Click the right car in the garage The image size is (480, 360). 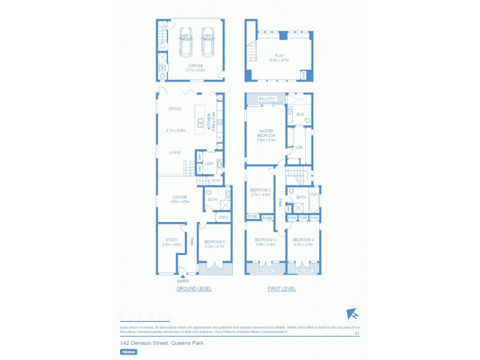208,43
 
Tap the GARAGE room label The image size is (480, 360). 195,67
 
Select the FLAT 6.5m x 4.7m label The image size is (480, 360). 279,58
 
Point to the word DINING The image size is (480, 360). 175,109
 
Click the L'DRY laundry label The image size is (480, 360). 209,164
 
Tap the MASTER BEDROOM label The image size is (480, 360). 266,135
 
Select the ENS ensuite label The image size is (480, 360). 300,114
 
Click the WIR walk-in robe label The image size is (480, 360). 299,146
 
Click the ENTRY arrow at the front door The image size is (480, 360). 183,277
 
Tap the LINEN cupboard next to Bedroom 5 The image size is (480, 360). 223,217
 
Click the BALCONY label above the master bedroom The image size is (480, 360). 266,98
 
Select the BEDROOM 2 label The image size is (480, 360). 260,192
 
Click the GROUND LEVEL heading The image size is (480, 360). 194,289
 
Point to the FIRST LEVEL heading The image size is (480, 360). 281,289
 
